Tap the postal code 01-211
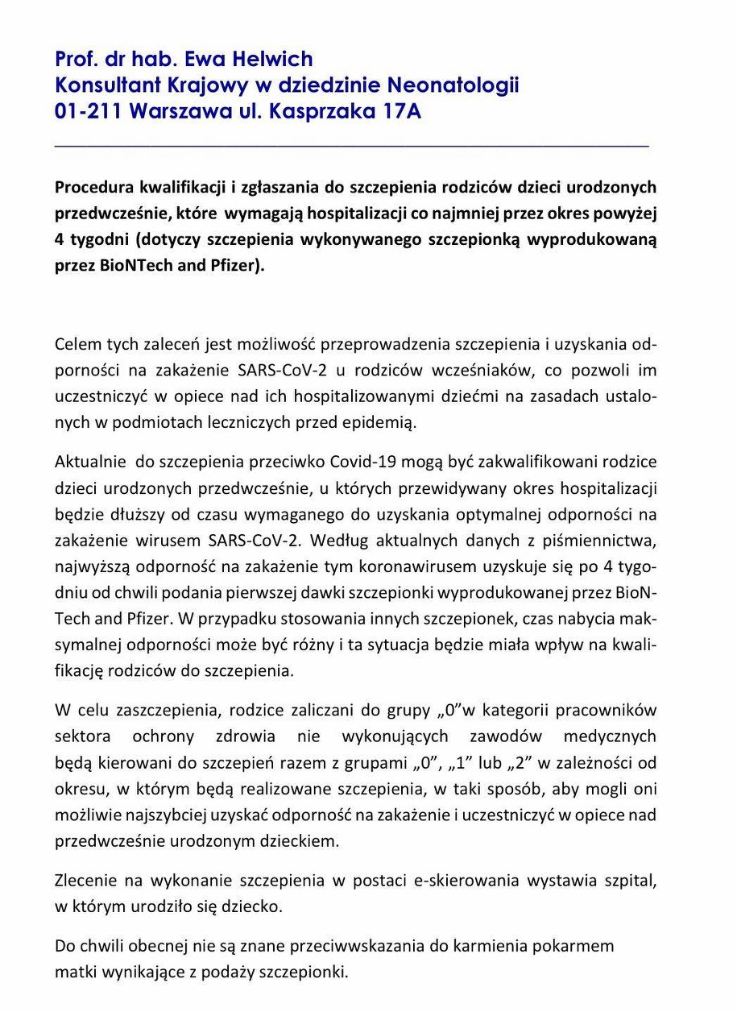(85, 111)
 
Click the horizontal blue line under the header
(351, 146)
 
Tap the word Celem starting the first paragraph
(77, 345)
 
